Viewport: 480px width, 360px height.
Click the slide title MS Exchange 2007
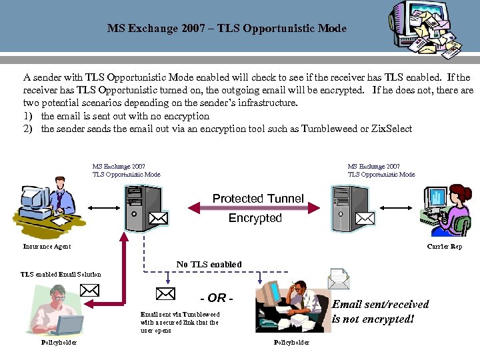(x=227, y=29)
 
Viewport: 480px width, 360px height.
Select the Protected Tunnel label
(x=257, y=199)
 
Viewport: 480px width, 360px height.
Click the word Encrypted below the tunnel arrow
(x=255, y=218)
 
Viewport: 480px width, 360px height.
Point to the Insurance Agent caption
(x=47, y=247)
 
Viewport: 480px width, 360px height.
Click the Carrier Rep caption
(x=445, y=247)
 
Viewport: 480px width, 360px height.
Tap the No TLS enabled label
(x=209, y=265)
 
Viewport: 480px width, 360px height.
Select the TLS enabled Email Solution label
(x=61, y=274)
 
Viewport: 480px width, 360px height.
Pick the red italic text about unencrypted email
(x=380, y=311)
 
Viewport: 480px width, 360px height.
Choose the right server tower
(x=350, y=207)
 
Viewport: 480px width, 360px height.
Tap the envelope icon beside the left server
(x=158, y=217)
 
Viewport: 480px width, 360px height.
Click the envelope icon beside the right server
(x=365, y=217)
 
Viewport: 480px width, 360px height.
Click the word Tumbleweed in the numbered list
(x=324, y=129)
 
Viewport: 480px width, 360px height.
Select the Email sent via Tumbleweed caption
(x=179, y=322)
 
